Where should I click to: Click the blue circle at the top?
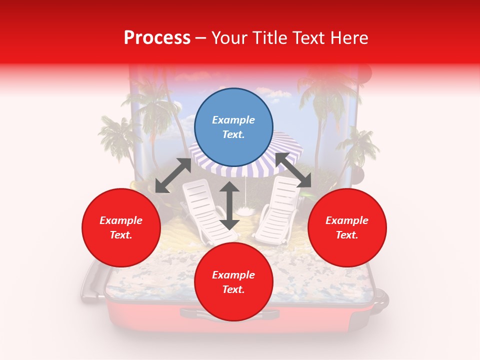[233, 127]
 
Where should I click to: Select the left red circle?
[121, 227]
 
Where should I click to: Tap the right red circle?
[347, 227]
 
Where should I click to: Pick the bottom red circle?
[233, 282]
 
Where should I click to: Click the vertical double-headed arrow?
[229, 206]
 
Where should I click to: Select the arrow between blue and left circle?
[173, 175]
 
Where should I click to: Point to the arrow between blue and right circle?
[293, 170]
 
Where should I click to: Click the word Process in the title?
[157, 38]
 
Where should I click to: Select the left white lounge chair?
[202, 210]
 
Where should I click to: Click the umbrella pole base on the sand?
[244, 209]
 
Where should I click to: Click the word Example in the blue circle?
[233, 120]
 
